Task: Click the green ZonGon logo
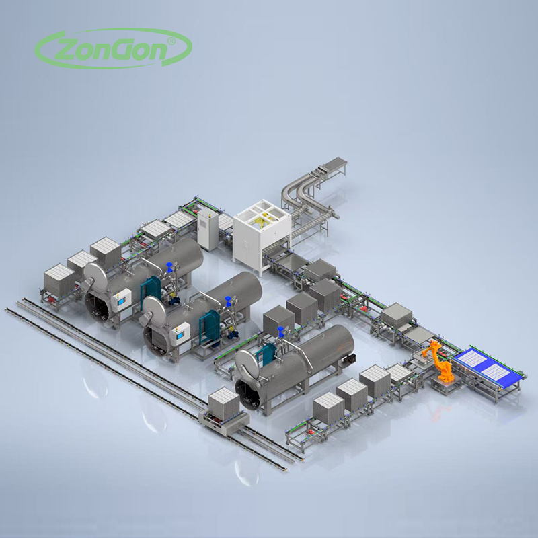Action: pyautogui.click(x=113, y=48)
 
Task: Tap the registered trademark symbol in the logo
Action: pyautogui.click(x=171, y=41)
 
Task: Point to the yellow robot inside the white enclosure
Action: pyautogui.click(x=263, y=221)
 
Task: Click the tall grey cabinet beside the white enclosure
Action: pyautogui.click(x=208, y=229)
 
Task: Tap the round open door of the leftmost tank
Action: pyautogui.click(x=95, y=278)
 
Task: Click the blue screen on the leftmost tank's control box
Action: pyautogui.click(x=121, y=301)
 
